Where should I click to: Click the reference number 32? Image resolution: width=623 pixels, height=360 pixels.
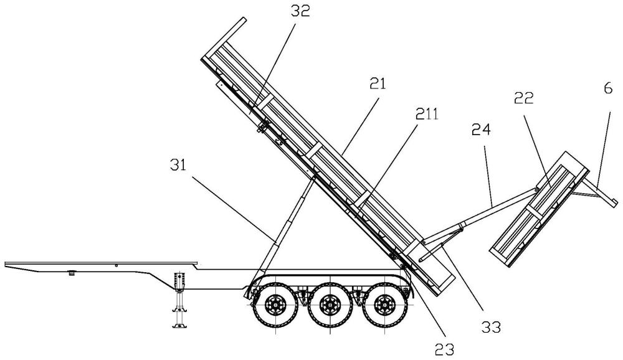(300, 11)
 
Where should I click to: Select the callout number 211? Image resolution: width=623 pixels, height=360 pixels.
(426, 115)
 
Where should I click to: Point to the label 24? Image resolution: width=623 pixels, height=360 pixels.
(481, 130)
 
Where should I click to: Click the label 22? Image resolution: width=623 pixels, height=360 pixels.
(524, 98)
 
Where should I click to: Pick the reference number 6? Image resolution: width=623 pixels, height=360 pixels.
(608, 88)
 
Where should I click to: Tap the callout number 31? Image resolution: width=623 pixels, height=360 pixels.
(178, 165)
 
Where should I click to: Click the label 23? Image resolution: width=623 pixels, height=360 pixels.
(444, 349)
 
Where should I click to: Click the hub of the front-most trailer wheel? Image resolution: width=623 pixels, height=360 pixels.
(274, 305)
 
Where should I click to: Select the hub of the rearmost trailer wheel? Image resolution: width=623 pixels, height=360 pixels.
(384, 305)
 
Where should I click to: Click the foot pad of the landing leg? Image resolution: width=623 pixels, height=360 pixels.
(179, 326)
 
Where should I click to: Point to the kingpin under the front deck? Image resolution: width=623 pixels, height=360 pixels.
(72, 273)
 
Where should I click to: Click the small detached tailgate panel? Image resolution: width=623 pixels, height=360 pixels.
(540, 209)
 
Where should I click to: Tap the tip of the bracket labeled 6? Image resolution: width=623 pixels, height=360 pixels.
(616, 203)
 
